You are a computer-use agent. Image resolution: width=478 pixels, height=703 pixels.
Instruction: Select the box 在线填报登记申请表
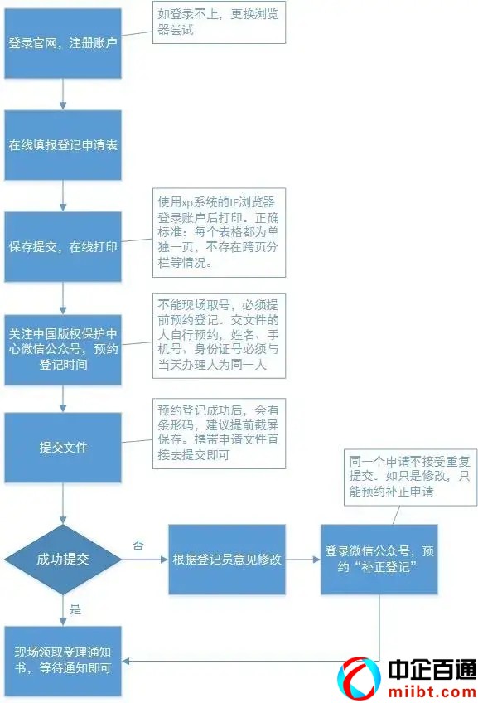63,145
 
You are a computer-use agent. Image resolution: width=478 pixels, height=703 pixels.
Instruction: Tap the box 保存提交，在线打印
63,247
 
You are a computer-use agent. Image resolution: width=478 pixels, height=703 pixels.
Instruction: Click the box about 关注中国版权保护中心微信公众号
63,349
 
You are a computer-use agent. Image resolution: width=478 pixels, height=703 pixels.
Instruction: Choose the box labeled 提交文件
63,448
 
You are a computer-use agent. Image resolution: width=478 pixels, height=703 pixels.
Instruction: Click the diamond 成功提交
63,559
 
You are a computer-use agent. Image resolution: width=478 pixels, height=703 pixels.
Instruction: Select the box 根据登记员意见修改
227,559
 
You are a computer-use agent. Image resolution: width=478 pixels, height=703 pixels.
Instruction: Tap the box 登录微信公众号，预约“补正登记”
379,559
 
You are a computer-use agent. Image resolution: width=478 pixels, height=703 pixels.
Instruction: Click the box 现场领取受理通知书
63,661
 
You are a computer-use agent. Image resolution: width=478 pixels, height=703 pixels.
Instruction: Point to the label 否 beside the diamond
138,545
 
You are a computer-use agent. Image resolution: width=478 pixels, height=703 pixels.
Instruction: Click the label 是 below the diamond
75,609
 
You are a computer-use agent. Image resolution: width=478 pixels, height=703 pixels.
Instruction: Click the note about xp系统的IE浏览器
219,232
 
